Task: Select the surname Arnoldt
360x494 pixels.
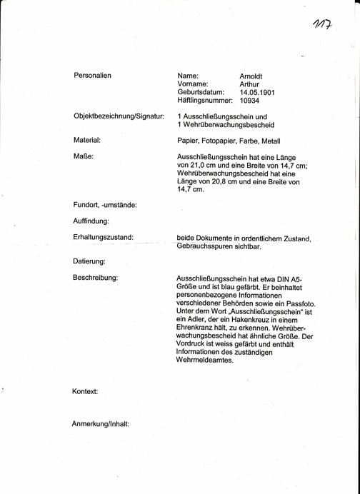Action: click(x=253, y=75)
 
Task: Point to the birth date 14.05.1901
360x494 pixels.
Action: click(x=257, y=92)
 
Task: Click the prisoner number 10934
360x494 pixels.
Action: click(x=251, y=101)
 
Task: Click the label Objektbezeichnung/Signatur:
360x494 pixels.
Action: click(x=119, y=116)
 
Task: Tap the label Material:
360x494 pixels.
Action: click(x=86, y=140)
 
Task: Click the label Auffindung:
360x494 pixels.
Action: click(x=91, y=221)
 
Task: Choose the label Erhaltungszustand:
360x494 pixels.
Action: click(x=103, y=237)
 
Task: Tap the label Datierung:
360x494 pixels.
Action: click(x=89, y=261)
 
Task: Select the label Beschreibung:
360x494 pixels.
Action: click(x=95, y=277)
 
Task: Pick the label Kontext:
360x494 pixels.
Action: click(x=85, y=392)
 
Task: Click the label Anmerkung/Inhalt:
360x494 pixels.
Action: click(x=100, y=424)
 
